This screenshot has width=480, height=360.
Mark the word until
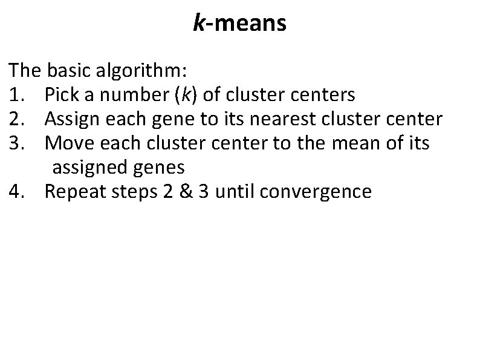click(x=236, y=192)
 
